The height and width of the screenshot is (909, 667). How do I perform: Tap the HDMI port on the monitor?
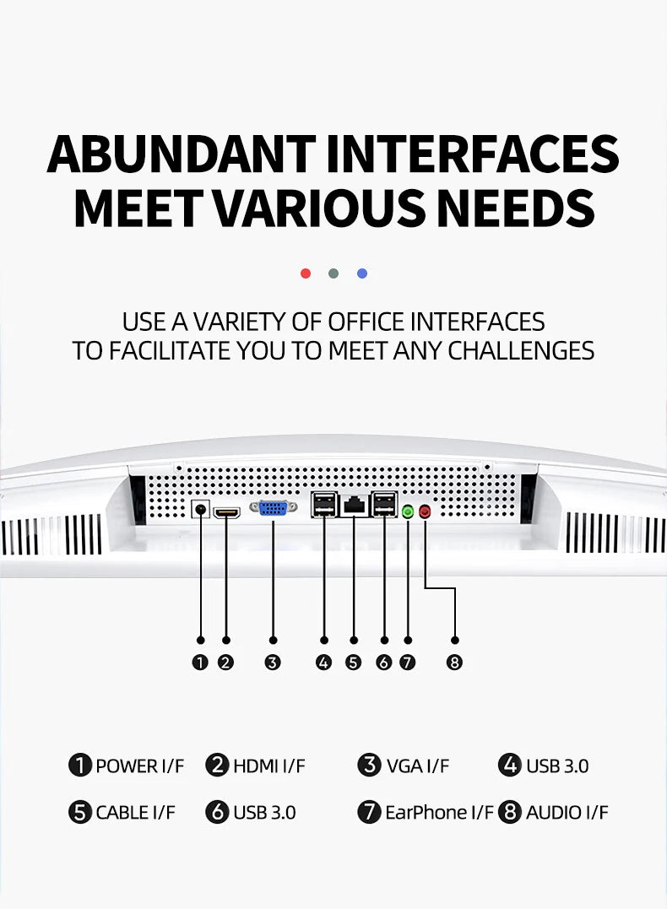[227, 512]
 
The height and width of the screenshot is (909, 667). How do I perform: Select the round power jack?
[201, 509]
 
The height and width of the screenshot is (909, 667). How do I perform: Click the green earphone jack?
[408, 511]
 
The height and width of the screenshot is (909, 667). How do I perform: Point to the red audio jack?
[426, 511]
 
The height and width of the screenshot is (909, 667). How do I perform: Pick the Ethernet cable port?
[354, 506]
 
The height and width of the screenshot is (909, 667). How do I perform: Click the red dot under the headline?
[306, 273]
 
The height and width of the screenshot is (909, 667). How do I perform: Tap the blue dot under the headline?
[362, 273]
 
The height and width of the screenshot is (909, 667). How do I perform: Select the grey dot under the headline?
[333, 273]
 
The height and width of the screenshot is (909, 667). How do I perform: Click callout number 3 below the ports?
[273, 662]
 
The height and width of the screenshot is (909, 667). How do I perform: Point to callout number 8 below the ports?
[455, 662]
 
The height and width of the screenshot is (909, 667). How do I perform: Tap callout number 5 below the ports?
[353, 662]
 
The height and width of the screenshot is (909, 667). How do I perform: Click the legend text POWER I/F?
[140, 766]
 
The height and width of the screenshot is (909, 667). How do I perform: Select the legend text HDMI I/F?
[269, 766]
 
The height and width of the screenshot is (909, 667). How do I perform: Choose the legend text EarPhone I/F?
[439, 812]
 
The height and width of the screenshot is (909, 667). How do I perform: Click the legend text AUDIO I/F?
[567, 812]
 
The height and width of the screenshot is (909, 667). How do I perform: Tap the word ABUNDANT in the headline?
[182, 154]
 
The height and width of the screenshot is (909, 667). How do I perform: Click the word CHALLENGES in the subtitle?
[522, 351]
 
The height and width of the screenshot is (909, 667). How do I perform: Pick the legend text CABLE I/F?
[135, 812]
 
